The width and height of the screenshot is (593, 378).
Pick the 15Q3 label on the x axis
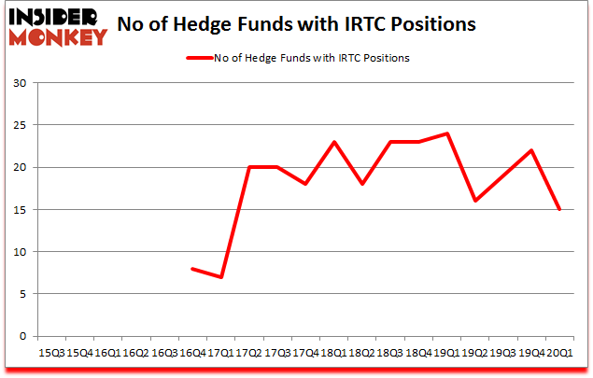pyautogui.click(x=51, y=353)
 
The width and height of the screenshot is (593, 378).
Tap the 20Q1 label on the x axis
pyautogui.click(x=560, y=353)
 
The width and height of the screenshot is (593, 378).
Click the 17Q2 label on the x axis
pyautogui.click(x=249, y=353)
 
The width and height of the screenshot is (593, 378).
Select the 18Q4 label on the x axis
pyautogui.click(x=419, y=353)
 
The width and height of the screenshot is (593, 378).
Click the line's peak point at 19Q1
pyautogui.click(x=447, y=133)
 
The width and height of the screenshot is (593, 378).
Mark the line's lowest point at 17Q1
pyautogui.click(x=221, y=277)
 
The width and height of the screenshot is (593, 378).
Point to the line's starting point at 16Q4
pyautogui.click(x=192, y=269)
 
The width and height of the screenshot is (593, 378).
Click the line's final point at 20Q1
pyautogui.click(x=560, y=209)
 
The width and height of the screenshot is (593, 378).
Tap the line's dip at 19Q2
pyautogui.click(x=475, y=201)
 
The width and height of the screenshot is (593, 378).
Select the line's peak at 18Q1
pyautogui.click(x=334, y=142)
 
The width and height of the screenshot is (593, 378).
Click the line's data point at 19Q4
pyautogui.click(x=532, y=150)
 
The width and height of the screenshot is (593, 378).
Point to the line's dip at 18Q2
pyautogui.click(x=362, y=184)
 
